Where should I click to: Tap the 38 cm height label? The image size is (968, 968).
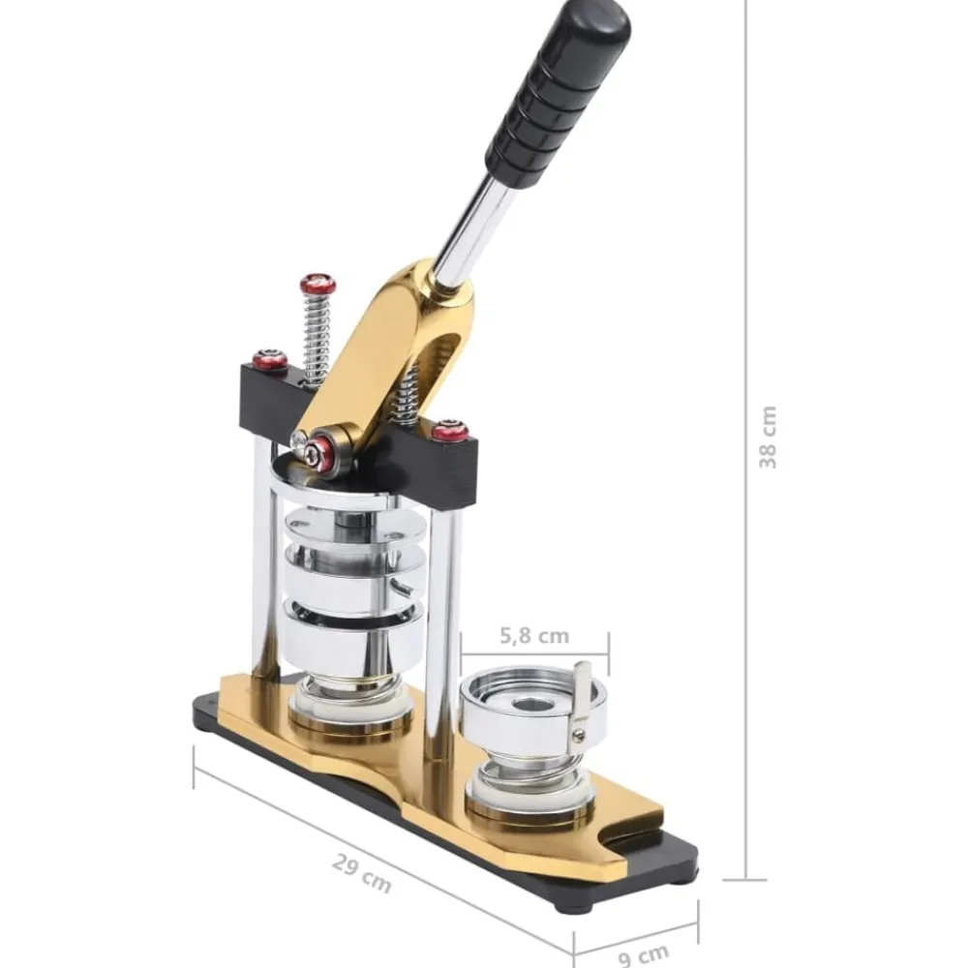(x=768, y=438)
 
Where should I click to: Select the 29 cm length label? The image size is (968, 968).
(x=362, y=873)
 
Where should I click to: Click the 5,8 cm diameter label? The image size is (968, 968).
(x=534, y=636)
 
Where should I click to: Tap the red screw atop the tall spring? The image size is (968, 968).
(x=318, y=284)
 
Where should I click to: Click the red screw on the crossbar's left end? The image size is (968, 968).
(x=270, y=360)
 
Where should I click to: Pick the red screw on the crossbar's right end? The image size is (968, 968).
(x=449, y=430)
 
